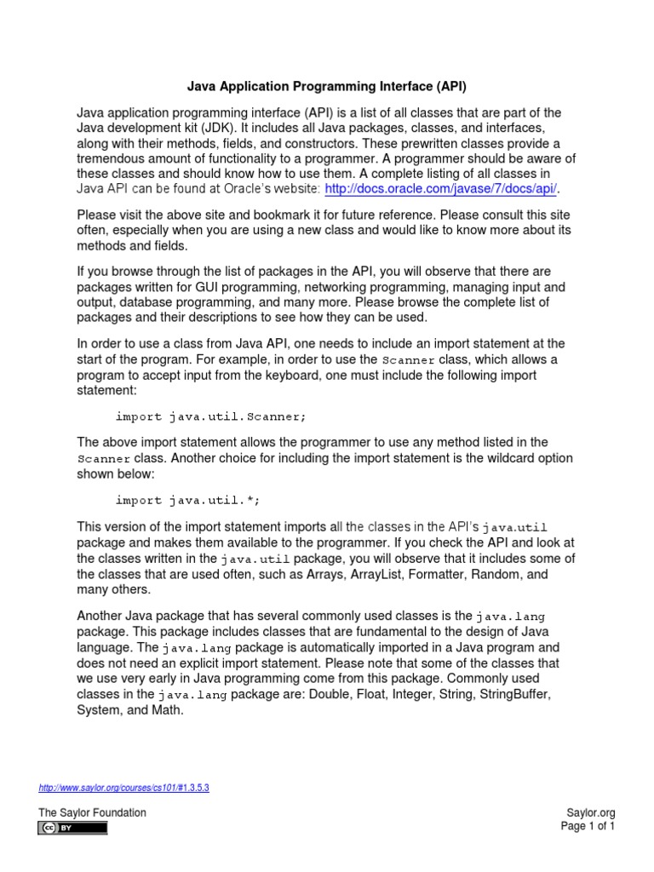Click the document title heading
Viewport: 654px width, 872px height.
327,86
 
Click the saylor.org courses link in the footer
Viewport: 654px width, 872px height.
123,788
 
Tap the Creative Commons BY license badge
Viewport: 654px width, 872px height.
72,828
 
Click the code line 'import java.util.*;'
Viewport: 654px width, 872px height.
187,500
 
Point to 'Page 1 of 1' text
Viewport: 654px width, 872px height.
588,826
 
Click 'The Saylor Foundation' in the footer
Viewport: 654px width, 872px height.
92,812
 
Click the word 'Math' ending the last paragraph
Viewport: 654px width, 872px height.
169,710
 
